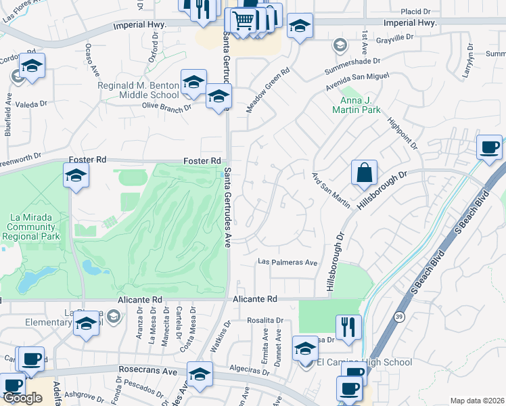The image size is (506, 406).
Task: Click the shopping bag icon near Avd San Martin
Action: [365, 173]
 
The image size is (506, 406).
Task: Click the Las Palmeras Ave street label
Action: [289, 263]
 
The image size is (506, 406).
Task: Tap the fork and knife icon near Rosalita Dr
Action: [348, 328]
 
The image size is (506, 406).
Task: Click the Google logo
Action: [22, 398]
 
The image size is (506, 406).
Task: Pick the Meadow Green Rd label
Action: [268, 89]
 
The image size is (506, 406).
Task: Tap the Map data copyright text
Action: [477, 401]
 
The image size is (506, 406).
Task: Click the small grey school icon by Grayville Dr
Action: [340, 46]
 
